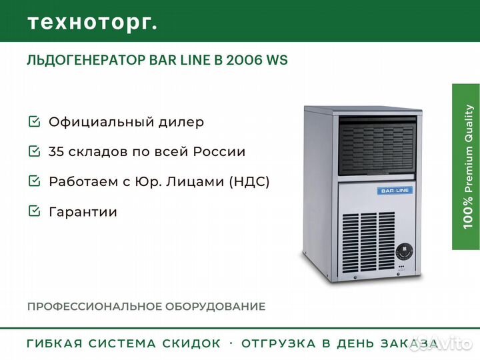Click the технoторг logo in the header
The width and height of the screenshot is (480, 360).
click(92, 21)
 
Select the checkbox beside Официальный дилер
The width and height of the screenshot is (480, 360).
click(34, 122)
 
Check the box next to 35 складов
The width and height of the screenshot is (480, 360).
click(34, 151)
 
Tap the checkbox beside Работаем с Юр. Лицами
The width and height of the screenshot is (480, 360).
click(34, 181)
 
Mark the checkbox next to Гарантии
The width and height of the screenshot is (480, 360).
click(34, 212)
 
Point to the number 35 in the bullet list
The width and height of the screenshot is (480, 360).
click(57, 151)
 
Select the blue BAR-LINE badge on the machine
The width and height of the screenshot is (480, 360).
click(395, 191)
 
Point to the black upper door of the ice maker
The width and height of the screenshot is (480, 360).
click(377, 149)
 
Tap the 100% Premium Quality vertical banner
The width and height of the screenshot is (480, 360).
click(466, 167)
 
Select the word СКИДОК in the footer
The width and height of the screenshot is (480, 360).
click(191, 343)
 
